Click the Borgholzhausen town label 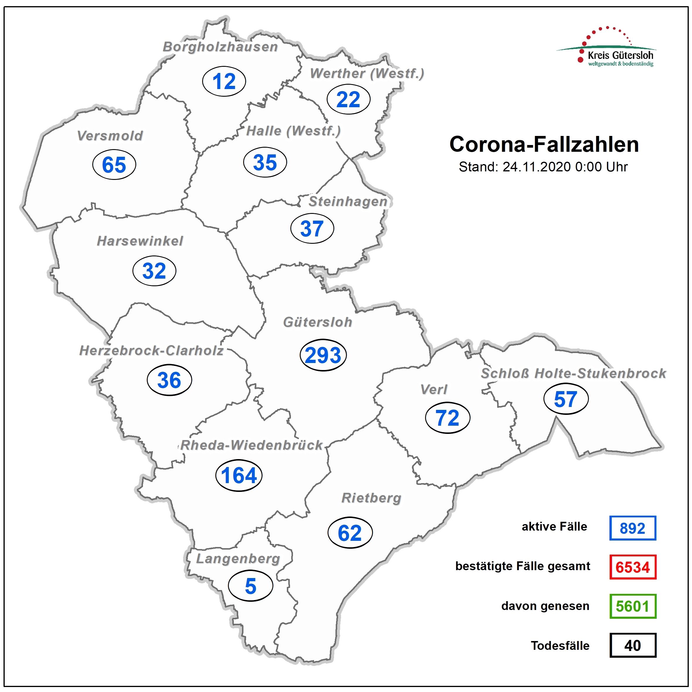point(220,47)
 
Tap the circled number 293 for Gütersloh point(323,355)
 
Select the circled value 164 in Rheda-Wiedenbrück point(239,475)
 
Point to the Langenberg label point(238,558)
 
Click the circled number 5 point(250,586)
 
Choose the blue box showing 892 point(633,528)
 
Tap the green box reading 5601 point(633,606)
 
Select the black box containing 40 point(633,645)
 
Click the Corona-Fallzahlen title point(544,144)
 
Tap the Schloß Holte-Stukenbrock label point(573,373)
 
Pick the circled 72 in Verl point(447,418)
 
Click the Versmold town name point(110,136)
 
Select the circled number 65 point(114,165)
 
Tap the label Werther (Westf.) point(367,74)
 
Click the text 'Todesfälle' point(560,645)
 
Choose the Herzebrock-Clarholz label point(151,351)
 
